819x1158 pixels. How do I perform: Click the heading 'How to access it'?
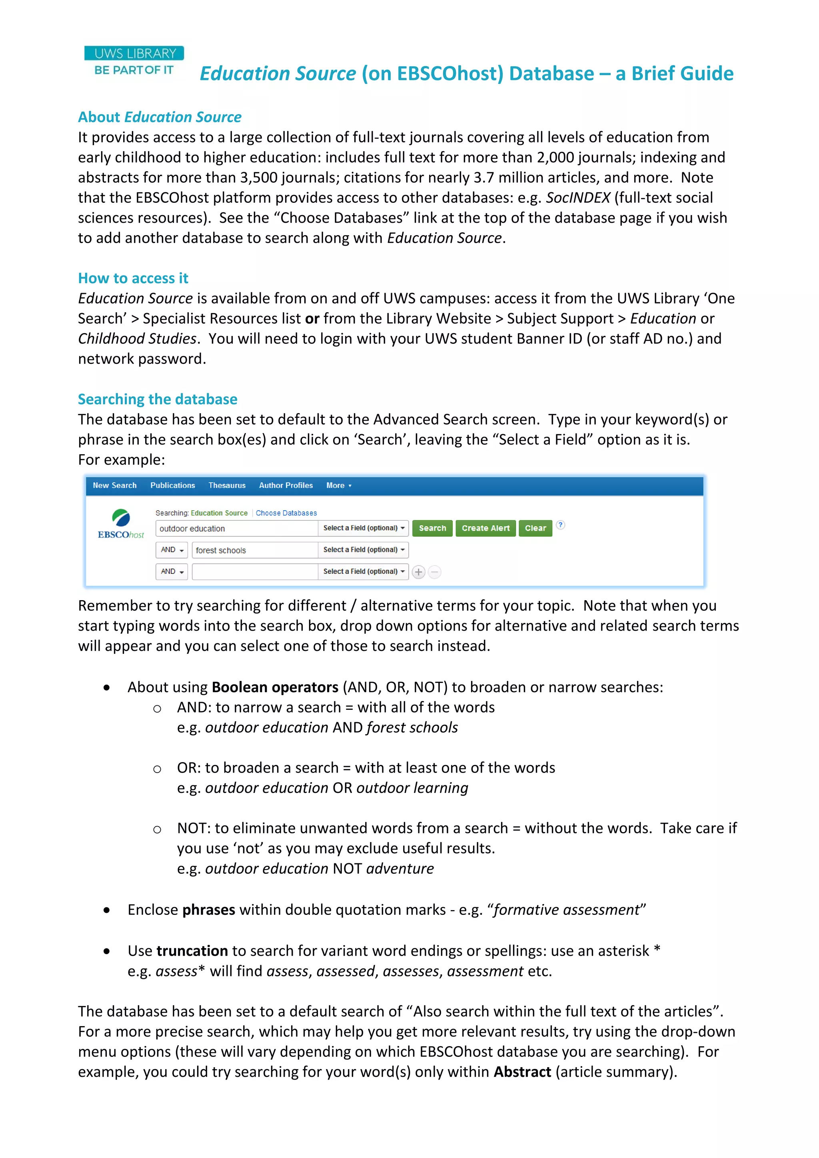tap(133, 278)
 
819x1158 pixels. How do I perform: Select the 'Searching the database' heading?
tap(157, 399)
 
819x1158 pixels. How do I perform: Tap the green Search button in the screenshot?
tap(432, 528)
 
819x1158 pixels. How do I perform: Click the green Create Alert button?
tap(485, 528)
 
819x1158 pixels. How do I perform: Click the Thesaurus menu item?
tap(227, 485)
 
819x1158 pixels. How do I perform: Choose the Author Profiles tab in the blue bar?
tap(286, 485)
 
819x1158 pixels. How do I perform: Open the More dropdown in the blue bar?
tap(338, 485)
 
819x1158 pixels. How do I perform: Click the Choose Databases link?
tap(286, 513)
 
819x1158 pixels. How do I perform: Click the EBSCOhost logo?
tap(121, 525)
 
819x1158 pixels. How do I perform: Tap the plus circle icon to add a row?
tap(418, 572)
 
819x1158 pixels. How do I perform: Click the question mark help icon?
tap(560, 525)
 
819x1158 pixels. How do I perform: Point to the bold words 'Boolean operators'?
tap(275, 687)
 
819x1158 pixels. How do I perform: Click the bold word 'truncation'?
tap(192, 951)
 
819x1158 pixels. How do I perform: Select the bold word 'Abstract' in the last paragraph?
tap(522, 1071)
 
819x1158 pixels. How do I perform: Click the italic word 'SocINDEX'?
tap(578, 198)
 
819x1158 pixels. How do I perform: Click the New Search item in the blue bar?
tap(114, 485)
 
